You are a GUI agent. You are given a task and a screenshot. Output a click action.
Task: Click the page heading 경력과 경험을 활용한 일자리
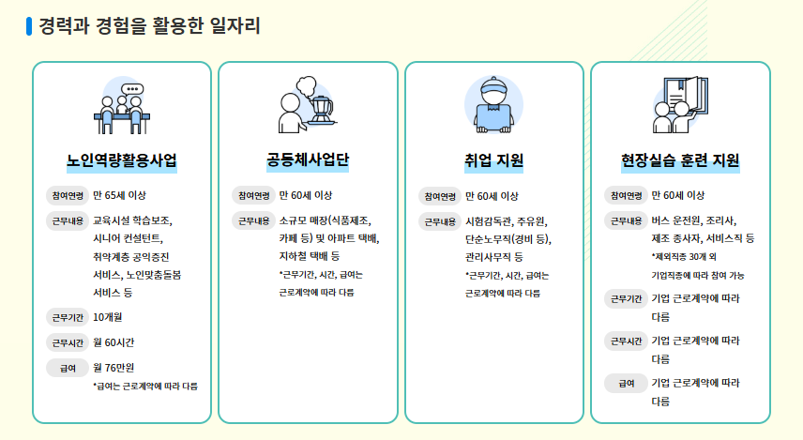coord(149,25)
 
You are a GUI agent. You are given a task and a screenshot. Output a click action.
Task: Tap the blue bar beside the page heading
coord(29,25)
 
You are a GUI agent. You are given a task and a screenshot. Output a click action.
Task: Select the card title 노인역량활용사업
coord(122,159)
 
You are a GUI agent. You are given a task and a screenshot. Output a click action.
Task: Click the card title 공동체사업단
coord(308,159)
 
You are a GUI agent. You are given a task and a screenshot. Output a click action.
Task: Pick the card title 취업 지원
coord(493,159)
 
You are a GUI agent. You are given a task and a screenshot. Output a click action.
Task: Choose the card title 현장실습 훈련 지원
coord(680,159)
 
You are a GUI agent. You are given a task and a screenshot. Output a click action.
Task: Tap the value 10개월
coord(107,316)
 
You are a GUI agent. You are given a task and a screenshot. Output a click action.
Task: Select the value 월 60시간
coord(114,341)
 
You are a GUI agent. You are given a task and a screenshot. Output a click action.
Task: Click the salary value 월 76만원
coord(114,367)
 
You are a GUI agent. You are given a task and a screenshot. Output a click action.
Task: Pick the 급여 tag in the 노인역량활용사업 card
coord(68,367)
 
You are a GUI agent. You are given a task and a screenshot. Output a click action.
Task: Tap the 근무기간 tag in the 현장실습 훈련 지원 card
coord(626,298)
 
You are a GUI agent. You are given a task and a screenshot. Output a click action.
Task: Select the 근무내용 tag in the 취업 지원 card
coord(440,221)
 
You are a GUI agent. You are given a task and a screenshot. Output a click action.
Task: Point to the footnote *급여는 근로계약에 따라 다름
coord(145,386)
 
